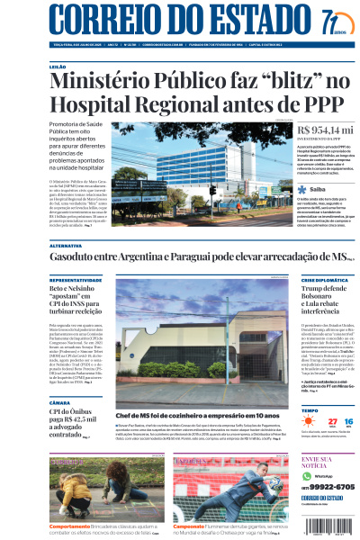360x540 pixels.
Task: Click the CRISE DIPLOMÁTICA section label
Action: (324, 280)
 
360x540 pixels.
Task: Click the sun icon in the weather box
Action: (308, 421)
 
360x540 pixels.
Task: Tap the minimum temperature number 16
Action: (349, 420)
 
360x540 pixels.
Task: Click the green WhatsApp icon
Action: (307, 476)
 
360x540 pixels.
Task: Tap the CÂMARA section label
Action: (60, 402)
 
